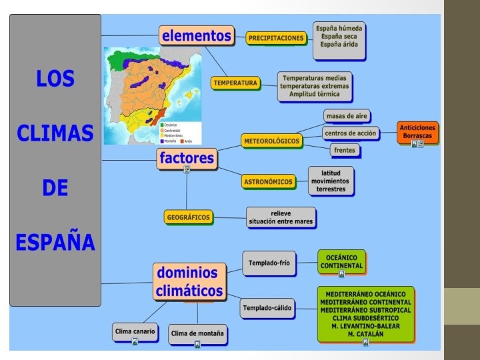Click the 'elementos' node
pos(196,35)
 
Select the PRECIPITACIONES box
pos(276,38)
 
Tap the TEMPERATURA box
pos(235,83)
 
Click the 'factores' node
pos(187,158)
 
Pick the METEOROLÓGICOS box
pos(272,141)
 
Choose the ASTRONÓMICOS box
pos(268,181)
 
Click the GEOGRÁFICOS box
pos(188,217)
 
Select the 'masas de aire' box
pos(347,116)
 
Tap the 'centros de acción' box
pos(349,133)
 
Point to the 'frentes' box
pos(344,150)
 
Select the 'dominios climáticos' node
pos(189,282)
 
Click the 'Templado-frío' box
pos(269,263)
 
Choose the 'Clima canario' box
pos(135,331)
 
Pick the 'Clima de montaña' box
pos(198,333)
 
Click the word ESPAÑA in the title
pos(55,242)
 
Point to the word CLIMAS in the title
pos(55,133)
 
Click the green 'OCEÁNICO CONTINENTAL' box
pos(341,261)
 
